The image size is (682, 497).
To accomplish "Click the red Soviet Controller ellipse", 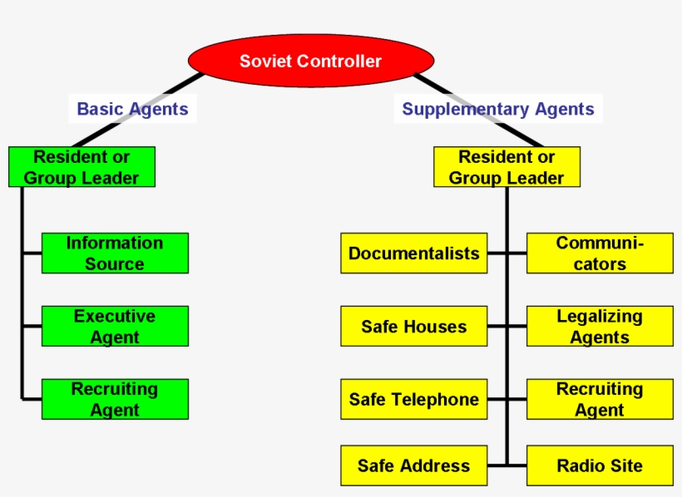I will [x=311, y=61].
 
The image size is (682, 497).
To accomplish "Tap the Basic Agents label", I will [x=132, y=109].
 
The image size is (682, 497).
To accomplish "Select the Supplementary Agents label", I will [x=497, y=109].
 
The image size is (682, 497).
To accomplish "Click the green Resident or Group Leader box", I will [x=82, y=167].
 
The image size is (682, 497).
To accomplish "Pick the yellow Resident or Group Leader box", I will [x=507, y=167].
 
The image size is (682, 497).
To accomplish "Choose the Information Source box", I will [x=115, y=253].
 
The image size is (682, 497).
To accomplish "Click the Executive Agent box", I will [x=115, y=327].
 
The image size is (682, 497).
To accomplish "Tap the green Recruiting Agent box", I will [x=115, y=399].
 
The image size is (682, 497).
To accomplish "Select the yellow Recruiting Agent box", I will [x=600, y=399].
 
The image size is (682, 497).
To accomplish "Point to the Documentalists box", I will [x=413, y=253].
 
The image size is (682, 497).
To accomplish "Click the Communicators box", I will [x=600, y=253].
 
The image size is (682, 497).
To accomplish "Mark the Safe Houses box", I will [x=413, y=327].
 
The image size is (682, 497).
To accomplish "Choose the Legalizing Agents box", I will [x=600, y=327].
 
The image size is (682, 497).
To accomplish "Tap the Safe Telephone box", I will [x=413, y=399].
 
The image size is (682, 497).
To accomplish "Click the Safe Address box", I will [x=413, y=465].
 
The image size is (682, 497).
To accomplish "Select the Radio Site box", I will [x=600, y=465].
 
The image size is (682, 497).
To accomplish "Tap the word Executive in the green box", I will [x=115, y=317].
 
